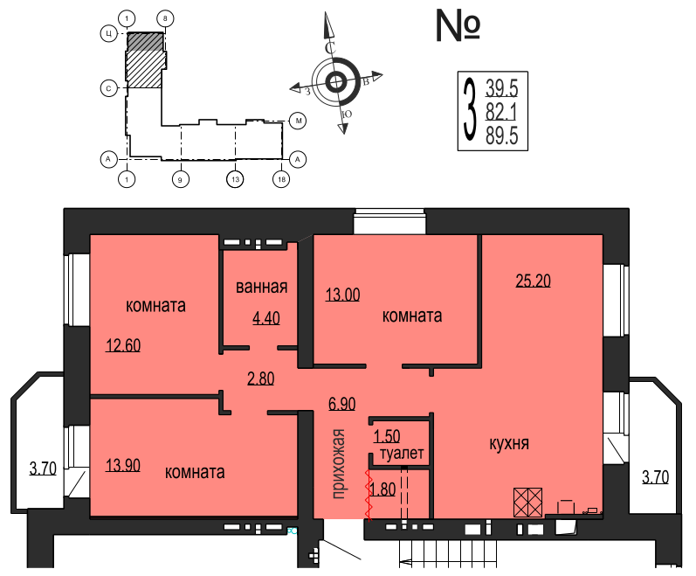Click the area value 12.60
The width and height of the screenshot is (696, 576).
point(122,344)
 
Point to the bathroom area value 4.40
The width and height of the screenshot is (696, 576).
point(265,318)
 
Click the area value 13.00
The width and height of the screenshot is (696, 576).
point(342,295)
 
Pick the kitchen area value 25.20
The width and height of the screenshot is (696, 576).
point(534,281)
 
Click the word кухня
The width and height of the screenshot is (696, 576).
point(509,443)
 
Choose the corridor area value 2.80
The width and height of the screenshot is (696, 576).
point(261,378)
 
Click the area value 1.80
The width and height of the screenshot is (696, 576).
point(384,489)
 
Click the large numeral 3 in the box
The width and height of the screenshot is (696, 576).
point(471,111)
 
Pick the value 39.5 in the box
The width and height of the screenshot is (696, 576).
point(502,87)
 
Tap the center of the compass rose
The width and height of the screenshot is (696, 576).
point(336,83)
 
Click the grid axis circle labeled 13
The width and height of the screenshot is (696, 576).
point(234,180)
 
